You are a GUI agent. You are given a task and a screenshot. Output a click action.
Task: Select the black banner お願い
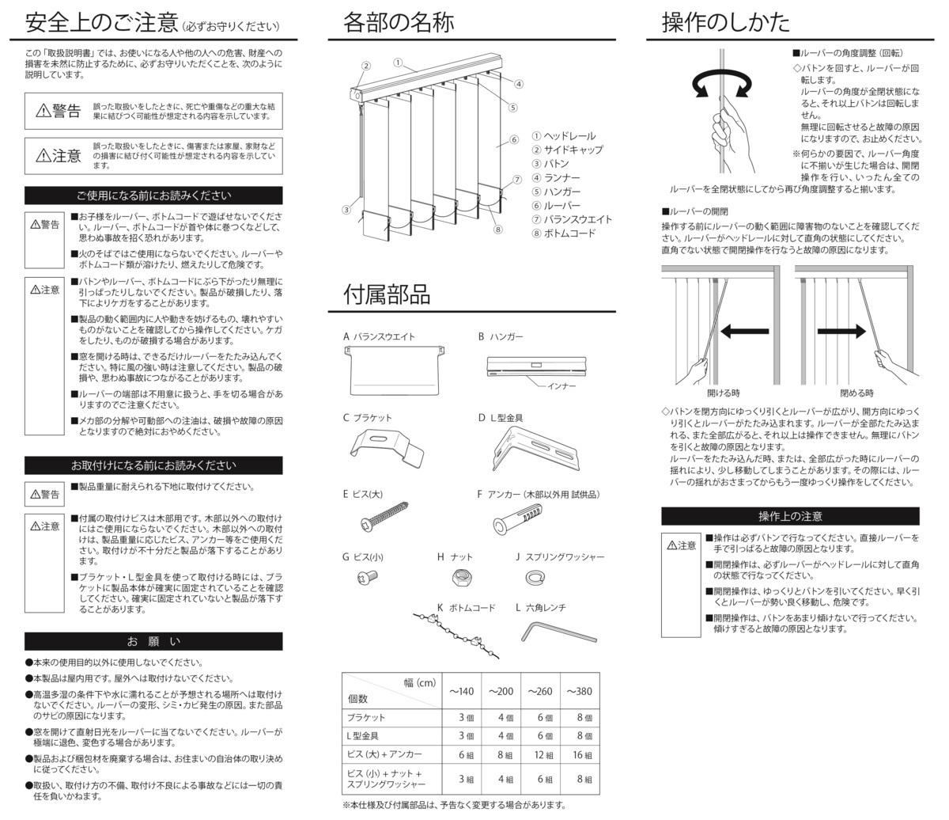coord(153,641)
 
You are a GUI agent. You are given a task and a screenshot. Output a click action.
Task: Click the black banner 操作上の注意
coord(790,516)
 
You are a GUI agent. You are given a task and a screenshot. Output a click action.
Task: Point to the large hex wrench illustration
coord(558,631)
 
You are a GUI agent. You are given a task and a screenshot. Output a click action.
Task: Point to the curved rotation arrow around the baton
coord(721,83)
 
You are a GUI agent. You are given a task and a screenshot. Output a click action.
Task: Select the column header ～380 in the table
coord(579,691)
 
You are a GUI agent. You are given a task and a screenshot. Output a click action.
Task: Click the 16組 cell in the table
coord(582,755)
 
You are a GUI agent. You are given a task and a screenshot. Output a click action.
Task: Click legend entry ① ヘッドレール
coord(564,136)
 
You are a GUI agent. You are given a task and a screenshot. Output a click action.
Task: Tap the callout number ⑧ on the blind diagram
coord(497,230)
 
